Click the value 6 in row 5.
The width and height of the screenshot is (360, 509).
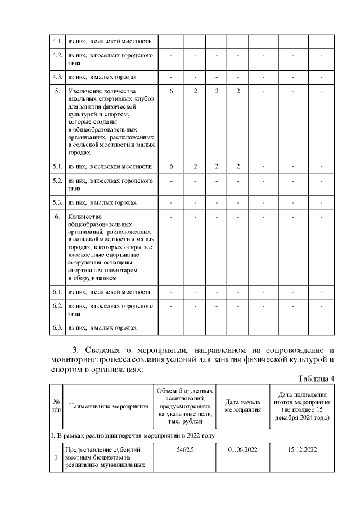(x=171, y=91)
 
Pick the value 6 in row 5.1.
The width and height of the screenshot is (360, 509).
(x=171, y=166)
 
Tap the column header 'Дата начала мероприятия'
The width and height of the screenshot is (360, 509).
(x=243, y=406)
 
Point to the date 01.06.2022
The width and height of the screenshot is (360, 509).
(x=243, y=450)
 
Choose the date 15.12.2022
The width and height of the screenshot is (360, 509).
(x=303, y=450)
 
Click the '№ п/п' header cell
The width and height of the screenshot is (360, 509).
(x=56, y=406)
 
